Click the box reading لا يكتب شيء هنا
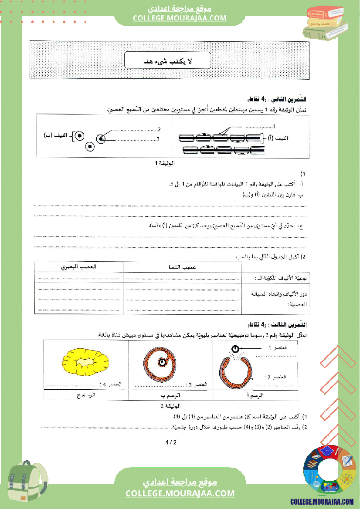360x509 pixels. point(167,61)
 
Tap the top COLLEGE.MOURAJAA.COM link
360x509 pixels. point(180,18)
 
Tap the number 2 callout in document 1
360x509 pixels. point(160,129)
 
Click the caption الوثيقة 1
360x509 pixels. point(164,164)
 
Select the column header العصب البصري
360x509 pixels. point(78,267)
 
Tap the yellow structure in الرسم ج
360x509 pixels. point(85,362)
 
